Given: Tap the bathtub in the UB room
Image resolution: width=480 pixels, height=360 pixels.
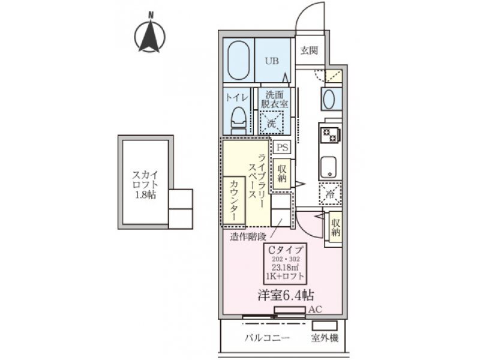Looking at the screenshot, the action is pos(238,61).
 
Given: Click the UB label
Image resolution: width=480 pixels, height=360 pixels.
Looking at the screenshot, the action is pos(272,61).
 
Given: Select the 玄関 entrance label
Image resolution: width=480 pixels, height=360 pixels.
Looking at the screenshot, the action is pos(309,50).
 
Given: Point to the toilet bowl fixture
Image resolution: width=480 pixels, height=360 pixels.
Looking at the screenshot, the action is pos(239,121).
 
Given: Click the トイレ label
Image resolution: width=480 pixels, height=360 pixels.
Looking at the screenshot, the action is pos(236,98).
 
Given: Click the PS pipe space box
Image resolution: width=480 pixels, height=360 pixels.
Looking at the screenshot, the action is pos(282,148).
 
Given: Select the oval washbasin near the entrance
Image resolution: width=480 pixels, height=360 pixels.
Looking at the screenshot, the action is pos(328,99).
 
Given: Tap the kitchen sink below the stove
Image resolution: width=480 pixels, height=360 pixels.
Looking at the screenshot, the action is pos(329,167).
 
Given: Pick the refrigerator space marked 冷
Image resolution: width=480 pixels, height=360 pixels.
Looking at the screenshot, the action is pos(330,194).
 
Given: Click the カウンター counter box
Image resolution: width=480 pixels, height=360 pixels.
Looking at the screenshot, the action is pos(233,201).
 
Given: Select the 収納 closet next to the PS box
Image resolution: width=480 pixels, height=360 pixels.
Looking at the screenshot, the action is pos(282,174).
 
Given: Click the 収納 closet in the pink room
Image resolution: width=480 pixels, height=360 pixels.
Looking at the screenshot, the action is pos(335,227).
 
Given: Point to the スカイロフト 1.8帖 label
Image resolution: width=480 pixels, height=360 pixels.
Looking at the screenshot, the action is pos(145,185).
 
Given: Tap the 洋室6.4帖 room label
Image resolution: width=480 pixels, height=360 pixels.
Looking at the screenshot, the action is pos(286,295).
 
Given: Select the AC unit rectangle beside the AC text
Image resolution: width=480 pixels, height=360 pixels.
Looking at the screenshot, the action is pos(290,310).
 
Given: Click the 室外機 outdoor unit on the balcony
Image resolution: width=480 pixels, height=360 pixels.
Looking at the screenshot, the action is pos(325,325).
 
